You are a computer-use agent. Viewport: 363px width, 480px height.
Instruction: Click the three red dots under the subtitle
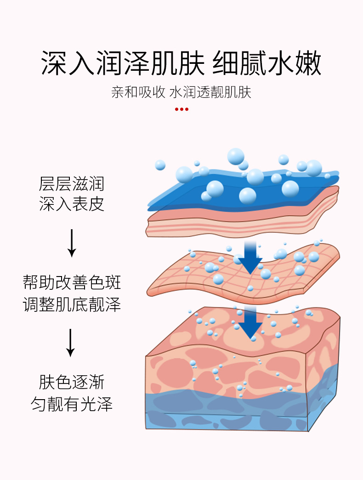[x=181, y=109]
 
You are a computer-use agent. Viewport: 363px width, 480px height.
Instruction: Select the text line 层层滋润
[x=72, y=184]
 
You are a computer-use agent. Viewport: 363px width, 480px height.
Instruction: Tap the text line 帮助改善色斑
[x=72, y=282]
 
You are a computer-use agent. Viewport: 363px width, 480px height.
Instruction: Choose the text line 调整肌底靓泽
[x=72, y=304]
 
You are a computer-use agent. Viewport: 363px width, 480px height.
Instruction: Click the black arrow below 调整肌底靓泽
[x=70, y=342]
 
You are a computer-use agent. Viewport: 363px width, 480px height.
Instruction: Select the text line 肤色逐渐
[x=72, y=382]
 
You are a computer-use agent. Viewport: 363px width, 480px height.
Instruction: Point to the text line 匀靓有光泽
[x=72, y=404]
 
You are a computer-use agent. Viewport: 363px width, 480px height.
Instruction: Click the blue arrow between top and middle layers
[x=250, y=257]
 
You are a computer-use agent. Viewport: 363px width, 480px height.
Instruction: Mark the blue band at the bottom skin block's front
[x=225, y=411]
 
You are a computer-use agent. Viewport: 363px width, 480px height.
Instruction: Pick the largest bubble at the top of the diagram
[x=236, y=156]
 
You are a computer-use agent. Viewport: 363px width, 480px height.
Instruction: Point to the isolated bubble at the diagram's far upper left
[x=160, y=165]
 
